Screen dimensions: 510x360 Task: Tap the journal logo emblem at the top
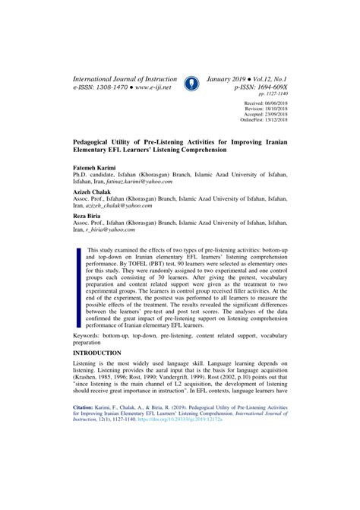click(191, 84)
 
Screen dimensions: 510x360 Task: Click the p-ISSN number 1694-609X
click(270, 89)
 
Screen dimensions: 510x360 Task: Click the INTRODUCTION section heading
click(96, 353)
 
